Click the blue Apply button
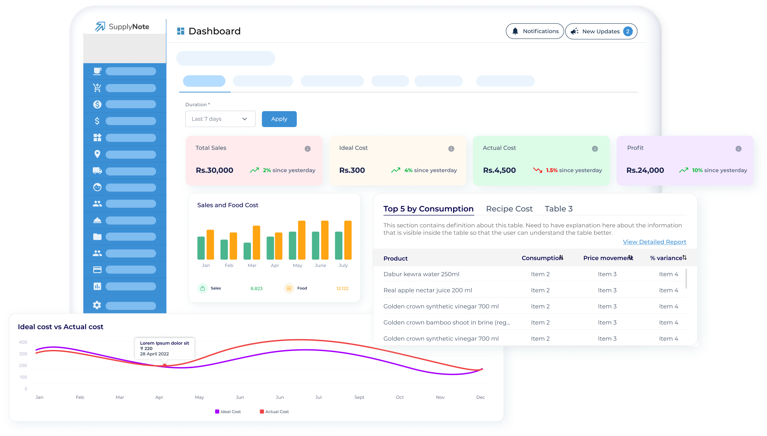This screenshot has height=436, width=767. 279,119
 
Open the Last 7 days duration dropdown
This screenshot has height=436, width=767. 220,119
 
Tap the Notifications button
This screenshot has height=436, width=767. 535,31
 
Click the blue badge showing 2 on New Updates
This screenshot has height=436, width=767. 627,31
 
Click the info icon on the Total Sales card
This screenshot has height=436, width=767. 307,149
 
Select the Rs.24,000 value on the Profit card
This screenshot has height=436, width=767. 645,170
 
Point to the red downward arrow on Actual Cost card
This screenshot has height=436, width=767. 537,170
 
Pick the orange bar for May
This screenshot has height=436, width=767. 302,240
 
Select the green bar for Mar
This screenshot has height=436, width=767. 247,251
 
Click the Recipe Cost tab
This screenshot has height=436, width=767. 509,209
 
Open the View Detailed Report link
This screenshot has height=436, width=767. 654,242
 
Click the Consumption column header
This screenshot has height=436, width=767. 542,258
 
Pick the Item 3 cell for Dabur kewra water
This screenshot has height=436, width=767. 607,274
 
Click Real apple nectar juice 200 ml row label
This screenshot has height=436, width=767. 428,290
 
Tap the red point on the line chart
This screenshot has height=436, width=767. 165,365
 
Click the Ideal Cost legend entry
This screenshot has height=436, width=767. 228,412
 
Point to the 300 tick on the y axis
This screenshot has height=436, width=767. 23,354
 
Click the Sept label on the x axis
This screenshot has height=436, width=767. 359,397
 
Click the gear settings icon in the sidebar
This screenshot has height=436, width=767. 97,305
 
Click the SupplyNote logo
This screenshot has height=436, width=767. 122,27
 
